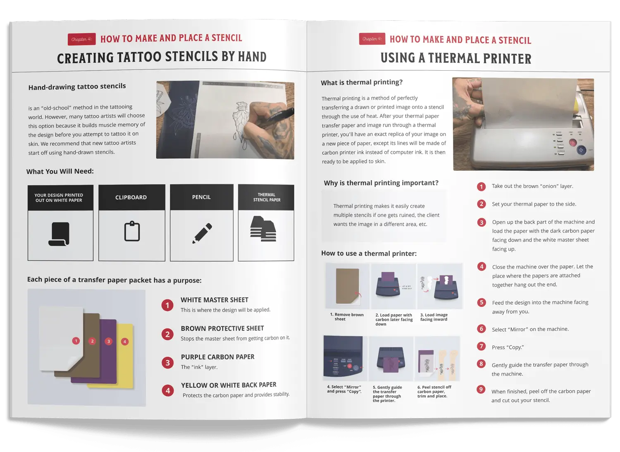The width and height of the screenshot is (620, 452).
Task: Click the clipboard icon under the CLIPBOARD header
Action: (132, 231)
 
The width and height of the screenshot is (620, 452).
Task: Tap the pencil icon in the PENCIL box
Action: (202, 233)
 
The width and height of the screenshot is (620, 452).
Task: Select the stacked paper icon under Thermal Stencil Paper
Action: (263, 229)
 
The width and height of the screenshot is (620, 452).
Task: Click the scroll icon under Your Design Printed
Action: (59, 234)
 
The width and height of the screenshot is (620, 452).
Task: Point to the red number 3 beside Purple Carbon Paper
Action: (167, 363)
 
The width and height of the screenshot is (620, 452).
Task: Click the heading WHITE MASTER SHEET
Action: (215, 300)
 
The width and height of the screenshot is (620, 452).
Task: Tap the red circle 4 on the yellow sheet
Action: (125, 342)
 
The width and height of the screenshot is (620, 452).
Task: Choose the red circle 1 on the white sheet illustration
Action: (76, 341)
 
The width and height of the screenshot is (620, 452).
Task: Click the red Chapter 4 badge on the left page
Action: (82, 39)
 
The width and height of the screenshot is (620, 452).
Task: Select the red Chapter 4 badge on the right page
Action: (372, 39)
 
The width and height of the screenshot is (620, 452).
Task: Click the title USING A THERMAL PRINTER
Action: (456, 58)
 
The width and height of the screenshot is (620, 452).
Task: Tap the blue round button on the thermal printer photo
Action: (581, 150)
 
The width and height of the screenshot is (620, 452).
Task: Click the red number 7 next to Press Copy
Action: (482, 346)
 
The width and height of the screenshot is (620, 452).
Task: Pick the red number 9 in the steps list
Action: (481, 390)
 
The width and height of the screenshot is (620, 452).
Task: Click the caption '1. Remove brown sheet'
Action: (346, 317)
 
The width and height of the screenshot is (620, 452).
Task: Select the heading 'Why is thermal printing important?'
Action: (381, 183)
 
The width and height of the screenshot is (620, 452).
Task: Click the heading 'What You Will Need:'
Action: (60, 172)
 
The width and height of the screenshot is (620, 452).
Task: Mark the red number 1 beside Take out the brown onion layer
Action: (482, 187)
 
